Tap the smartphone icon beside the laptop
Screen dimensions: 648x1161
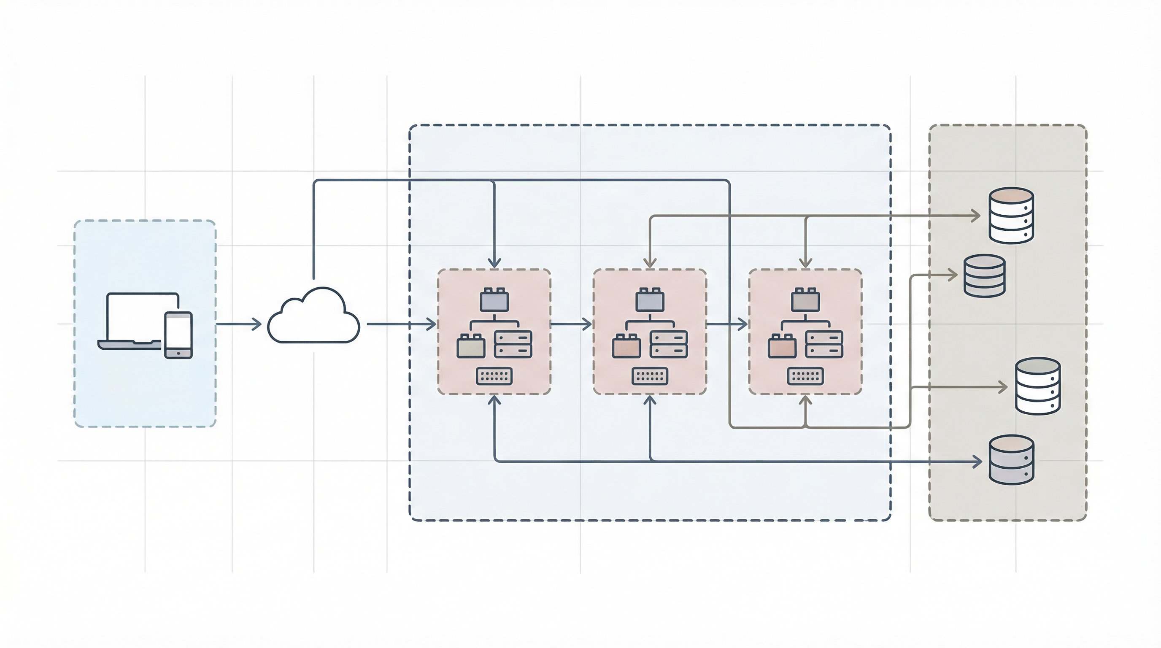click(178, 335)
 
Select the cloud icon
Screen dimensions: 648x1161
click(314, 316)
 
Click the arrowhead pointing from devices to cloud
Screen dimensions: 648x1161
click(257, 324)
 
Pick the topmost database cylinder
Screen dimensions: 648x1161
click(1011, 216)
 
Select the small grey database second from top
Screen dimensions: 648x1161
click(984, 276)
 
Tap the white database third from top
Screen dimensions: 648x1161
click(1037, 386)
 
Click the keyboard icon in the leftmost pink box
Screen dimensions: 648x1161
click(494, 376)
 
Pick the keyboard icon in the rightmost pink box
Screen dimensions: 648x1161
click(805, 376)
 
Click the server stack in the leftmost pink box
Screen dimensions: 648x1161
click(513, 344)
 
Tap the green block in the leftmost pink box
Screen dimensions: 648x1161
click(471, 346)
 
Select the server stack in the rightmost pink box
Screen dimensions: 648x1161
click(824, 344)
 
